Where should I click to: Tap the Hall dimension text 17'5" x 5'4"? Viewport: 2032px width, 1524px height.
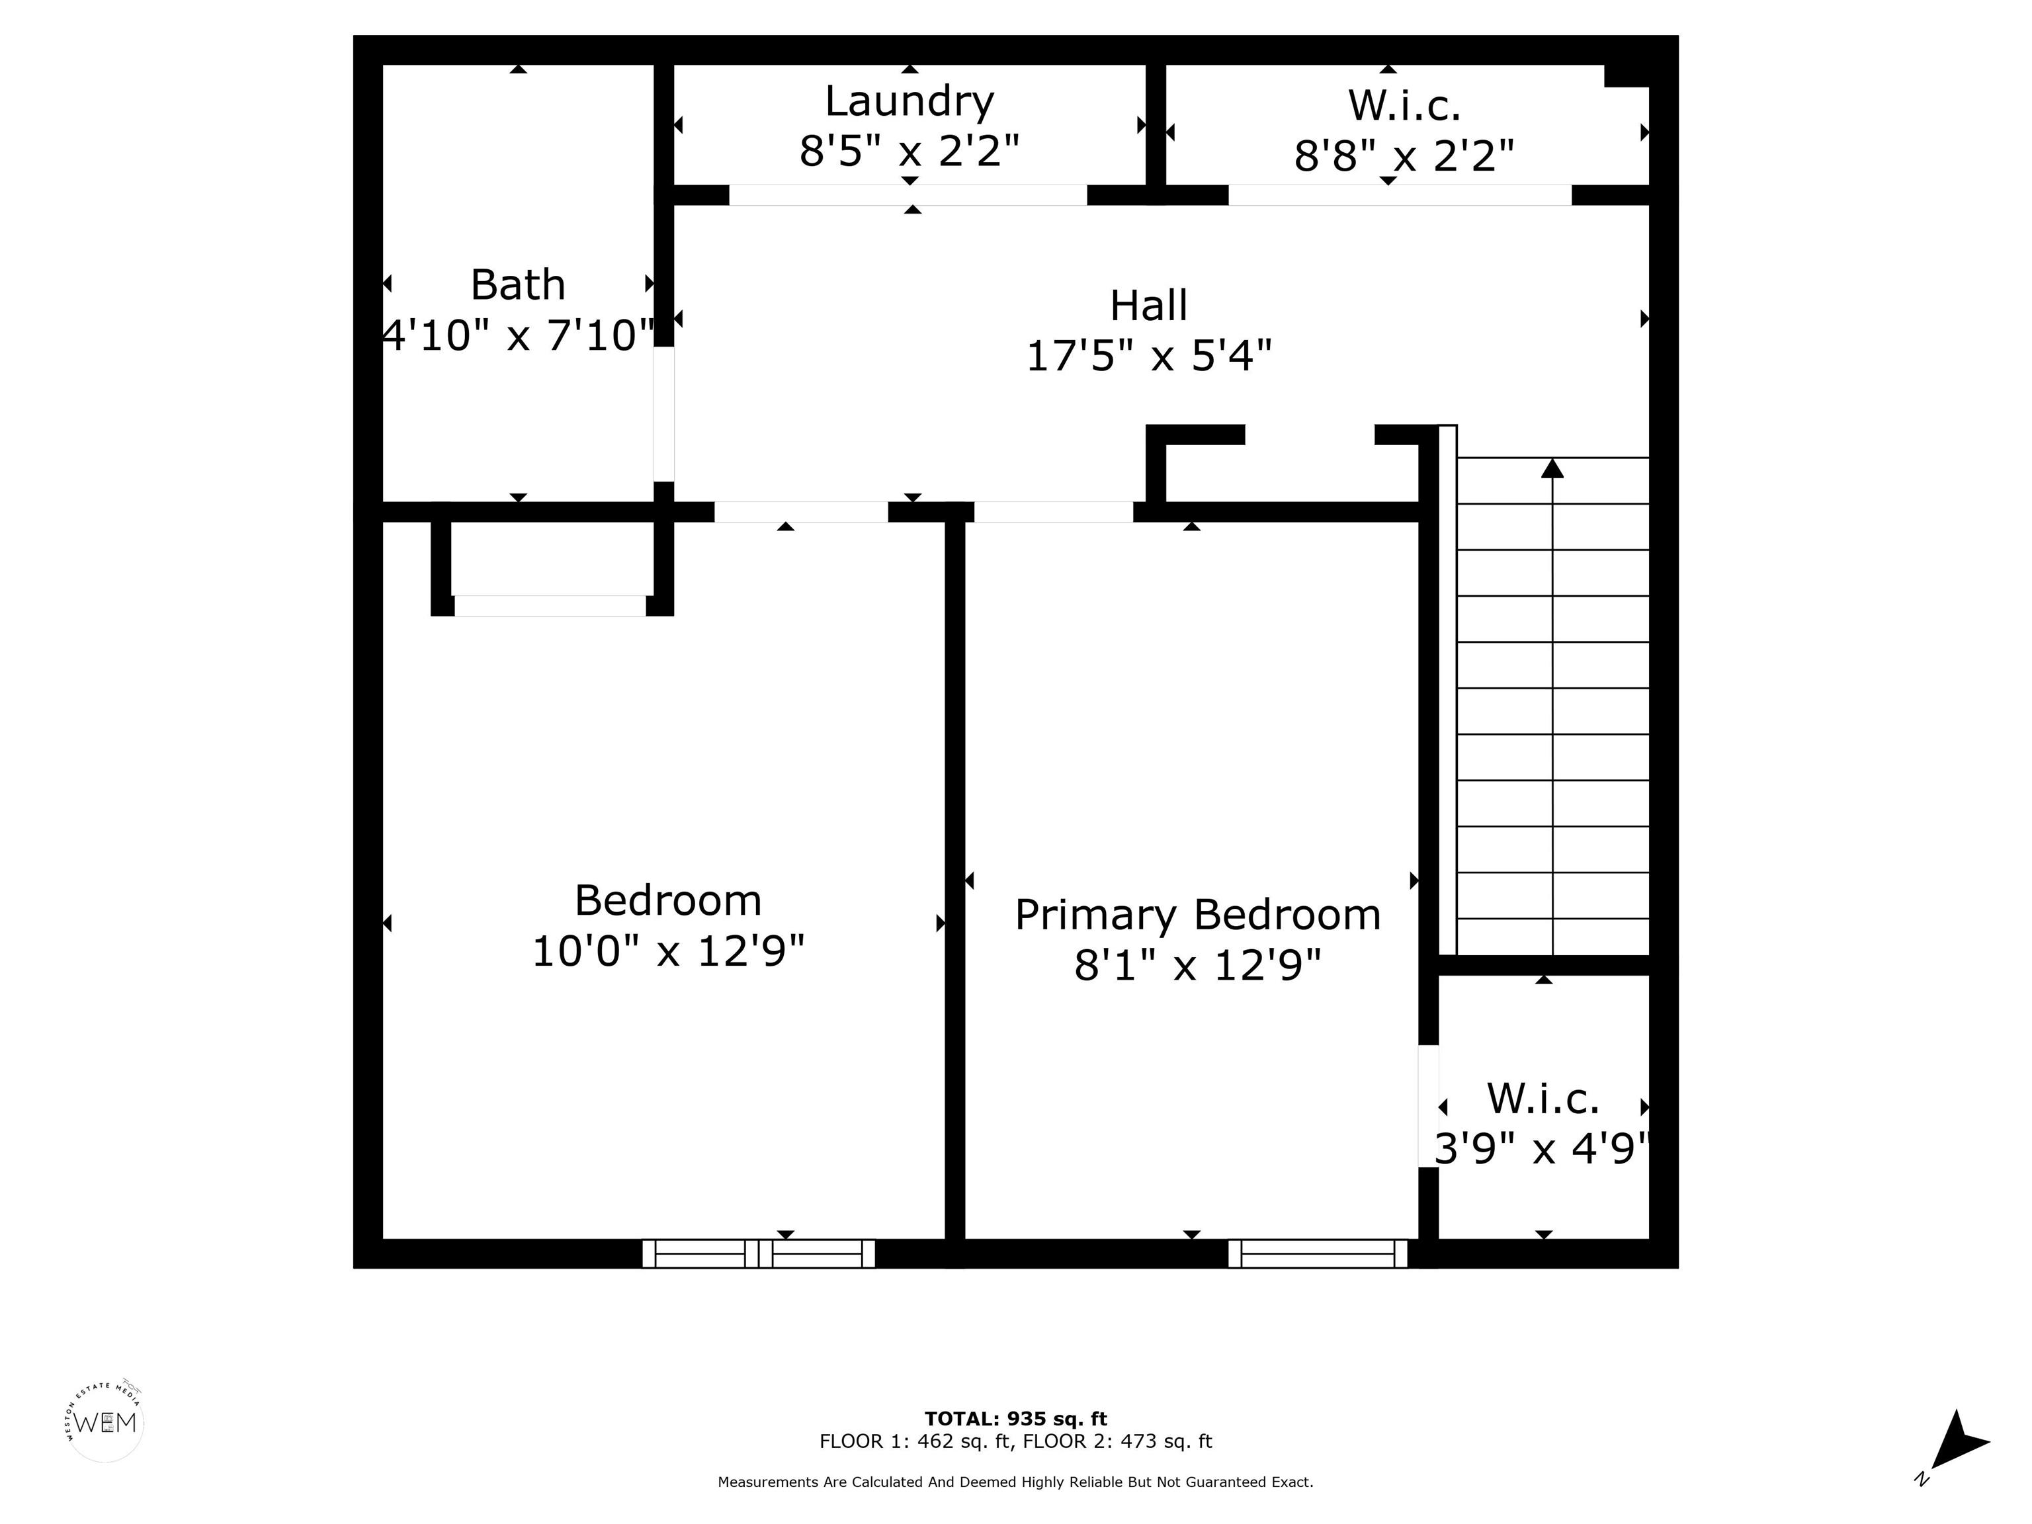click(x=1148, y=355)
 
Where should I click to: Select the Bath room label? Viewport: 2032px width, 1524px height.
click(x=517, y=285)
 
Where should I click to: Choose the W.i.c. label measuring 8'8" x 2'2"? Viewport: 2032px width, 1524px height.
click(x=1404, y=106)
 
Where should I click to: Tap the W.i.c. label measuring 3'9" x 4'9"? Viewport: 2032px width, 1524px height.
click(x=1543, y=1099)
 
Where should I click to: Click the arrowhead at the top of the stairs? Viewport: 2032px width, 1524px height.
click(x=1552, y=468)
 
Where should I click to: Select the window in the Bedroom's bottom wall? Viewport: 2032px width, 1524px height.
click(x=758, y=1254)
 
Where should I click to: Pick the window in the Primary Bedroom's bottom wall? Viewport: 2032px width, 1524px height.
click(x=1318, y=1254)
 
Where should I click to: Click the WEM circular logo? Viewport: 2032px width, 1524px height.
click(x=106, y=1423)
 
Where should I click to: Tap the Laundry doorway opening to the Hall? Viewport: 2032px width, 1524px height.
click(x=908, y=194)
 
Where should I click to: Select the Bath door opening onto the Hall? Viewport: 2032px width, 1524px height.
click(x=663, y=414)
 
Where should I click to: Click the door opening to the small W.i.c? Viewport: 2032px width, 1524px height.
click(x=1429, y=1106)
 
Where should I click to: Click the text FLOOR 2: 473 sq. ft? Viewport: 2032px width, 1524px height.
click(x=1118, y=1441)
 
